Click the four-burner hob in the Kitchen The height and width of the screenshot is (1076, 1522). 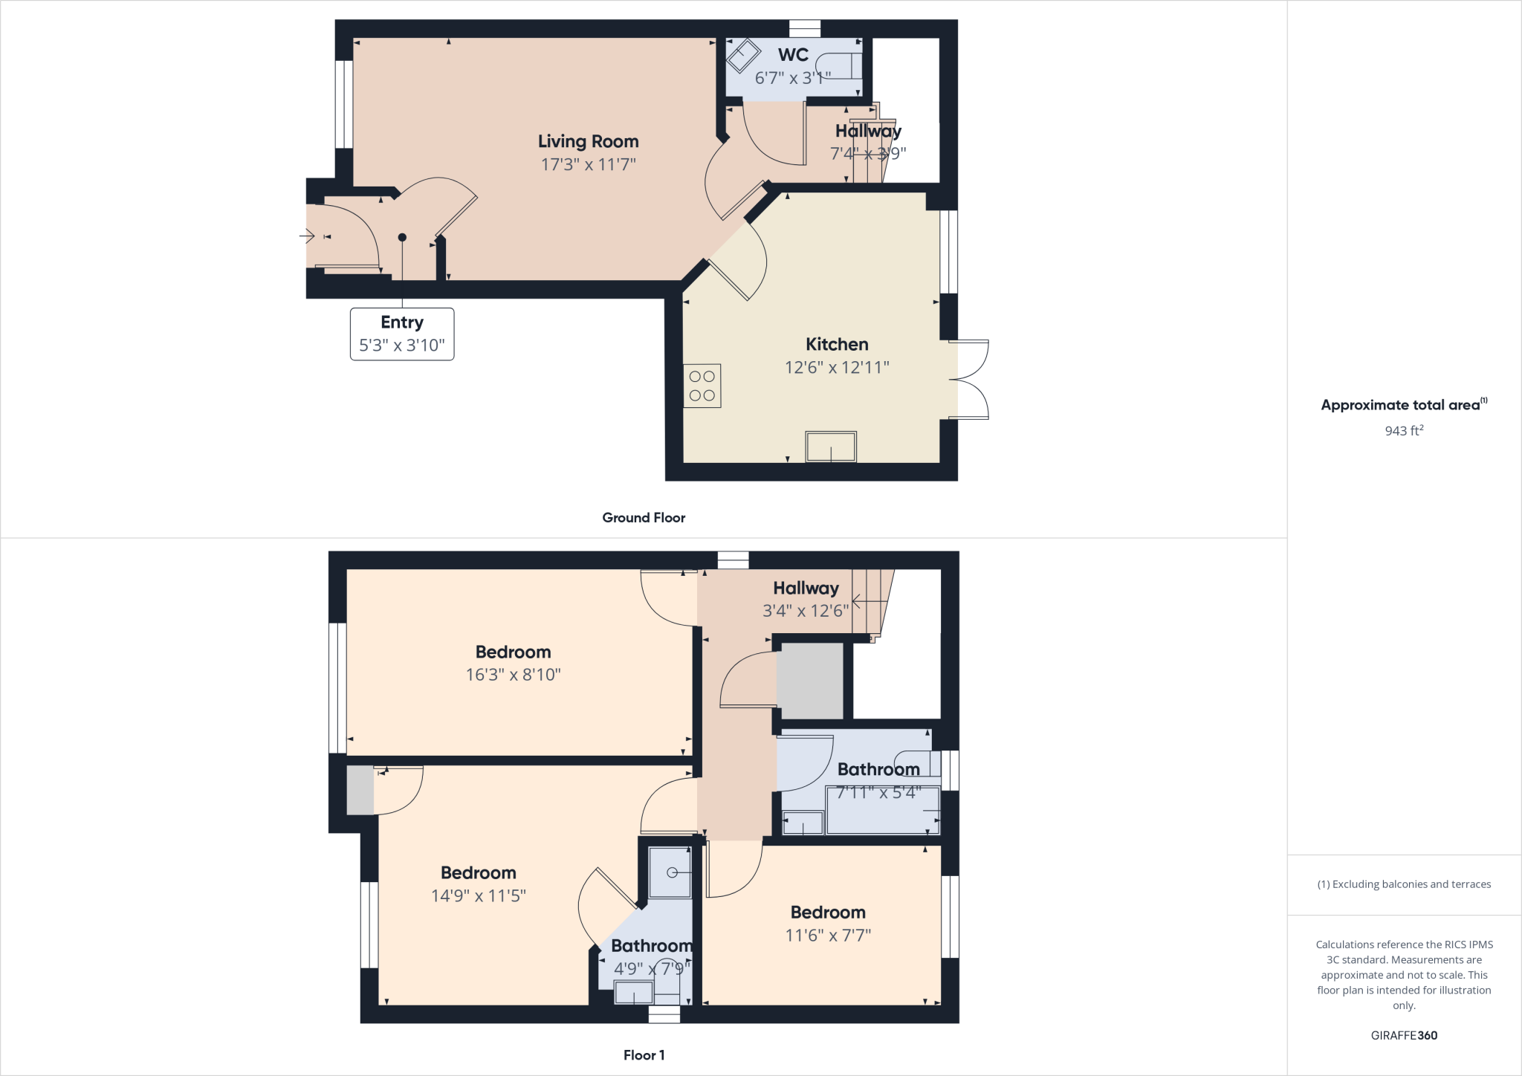click(702, 386)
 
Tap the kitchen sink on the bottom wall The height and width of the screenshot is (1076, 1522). click(831, 447)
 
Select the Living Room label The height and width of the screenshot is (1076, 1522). click(588, 141)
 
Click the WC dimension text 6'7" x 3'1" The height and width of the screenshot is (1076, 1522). click(792, 78)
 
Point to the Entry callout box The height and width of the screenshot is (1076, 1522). click(402, 334)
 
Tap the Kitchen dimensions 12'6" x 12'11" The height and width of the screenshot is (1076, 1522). click(837, 367)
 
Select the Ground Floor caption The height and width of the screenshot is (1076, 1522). click(644, 518)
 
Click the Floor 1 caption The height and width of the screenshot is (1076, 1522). click(644, 1055)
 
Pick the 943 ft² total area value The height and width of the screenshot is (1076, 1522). click(1404, 430)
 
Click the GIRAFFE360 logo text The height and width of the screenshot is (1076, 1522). click(1404, 1035)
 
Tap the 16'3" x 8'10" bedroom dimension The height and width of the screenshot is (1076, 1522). click(513, 675)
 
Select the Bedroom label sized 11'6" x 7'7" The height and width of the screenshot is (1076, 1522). click(828, 913)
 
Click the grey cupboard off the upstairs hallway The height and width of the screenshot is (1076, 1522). click(810, 681)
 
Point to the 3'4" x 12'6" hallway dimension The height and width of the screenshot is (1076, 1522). click(806, 611)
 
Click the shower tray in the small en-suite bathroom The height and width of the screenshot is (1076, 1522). click(670, 872)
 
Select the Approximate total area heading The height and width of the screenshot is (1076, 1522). click(1400, 405)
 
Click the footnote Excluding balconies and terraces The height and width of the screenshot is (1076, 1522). click(1404, 884)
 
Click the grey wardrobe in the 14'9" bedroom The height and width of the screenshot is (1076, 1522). click(360, 790)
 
